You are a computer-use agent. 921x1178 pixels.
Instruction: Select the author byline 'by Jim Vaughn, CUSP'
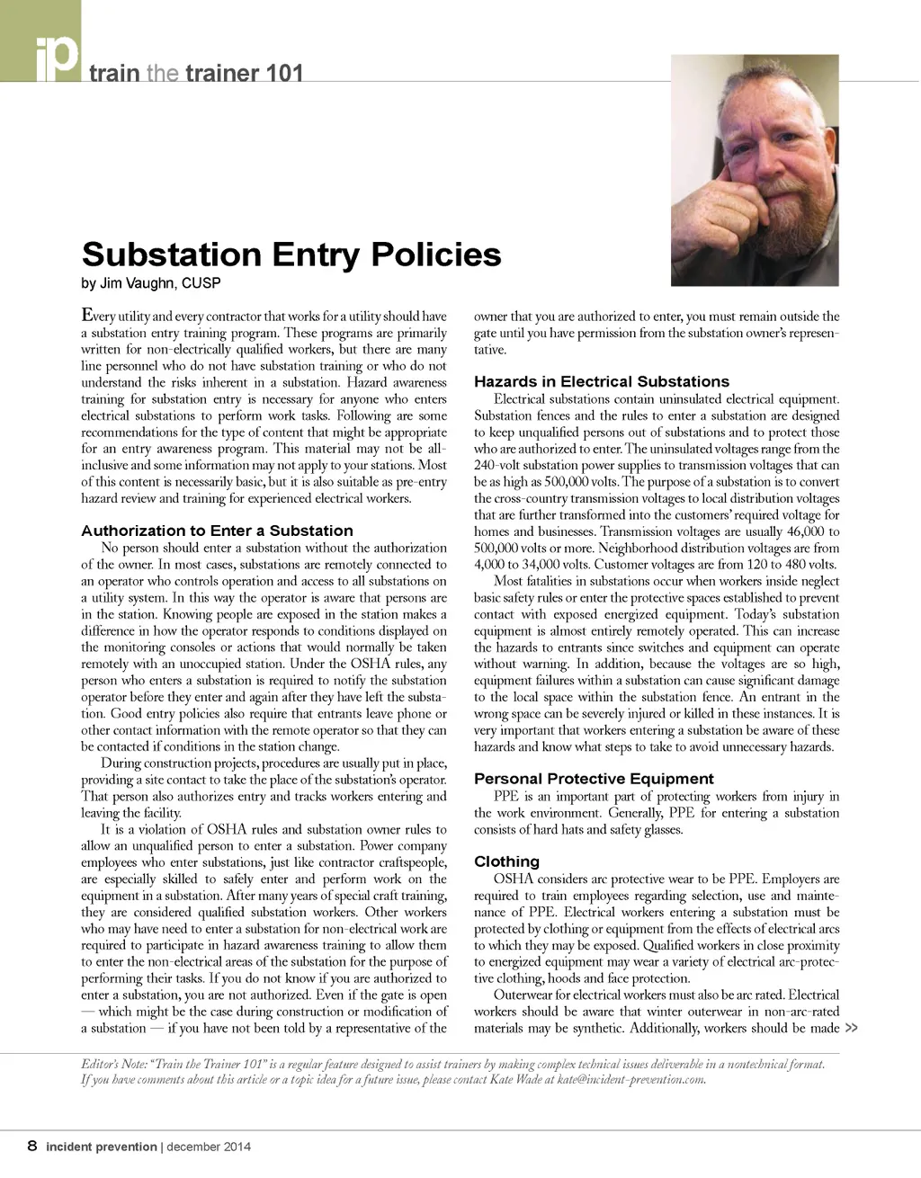(x=150, y=284)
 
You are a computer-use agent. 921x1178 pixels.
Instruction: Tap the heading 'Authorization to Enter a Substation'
(x=217, y=531)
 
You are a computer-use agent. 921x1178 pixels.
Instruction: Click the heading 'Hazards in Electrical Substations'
(x=602, y=381)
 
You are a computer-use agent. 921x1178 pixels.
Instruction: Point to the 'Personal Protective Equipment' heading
(x=594, y=779)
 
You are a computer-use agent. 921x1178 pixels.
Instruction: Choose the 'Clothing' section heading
(x=506, y=861)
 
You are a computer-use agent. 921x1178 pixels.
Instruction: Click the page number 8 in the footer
(x=32, y=1147)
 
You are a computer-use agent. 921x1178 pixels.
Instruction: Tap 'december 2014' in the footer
(x=209, y=1147)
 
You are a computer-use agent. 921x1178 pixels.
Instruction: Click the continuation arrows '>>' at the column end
(x=851, y=1029)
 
